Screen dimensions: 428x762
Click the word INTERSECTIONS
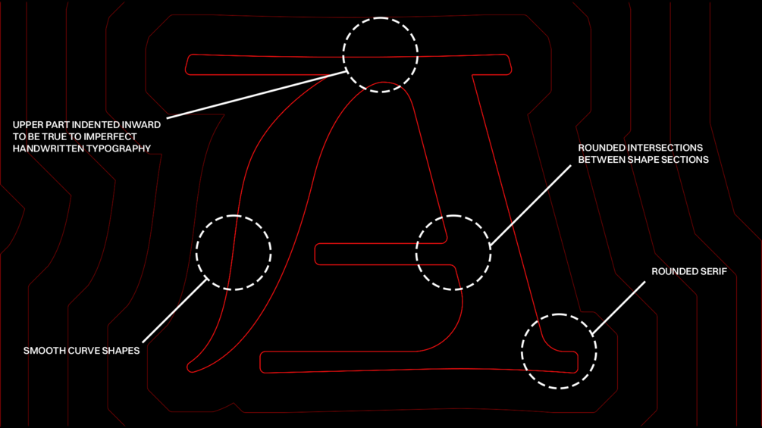click(x=661, y=148)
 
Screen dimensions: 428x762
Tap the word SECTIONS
click(x=685, y=160)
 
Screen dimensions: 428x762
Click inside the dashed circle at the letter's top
click(x=380, y=55)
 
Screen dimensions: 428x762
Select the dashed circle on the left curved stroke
click(x=234, y=252)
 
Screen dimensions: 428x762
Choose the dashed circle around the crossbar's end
click(x=453, y=252)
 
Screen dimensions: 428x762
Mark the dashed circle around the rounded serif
click(x=559, y=351)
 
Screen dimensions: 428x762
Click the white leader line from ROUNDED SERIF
click(x=619, y=307)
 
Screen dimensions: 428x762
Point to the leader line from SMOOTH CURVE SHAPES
click(x=175, y=310)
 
